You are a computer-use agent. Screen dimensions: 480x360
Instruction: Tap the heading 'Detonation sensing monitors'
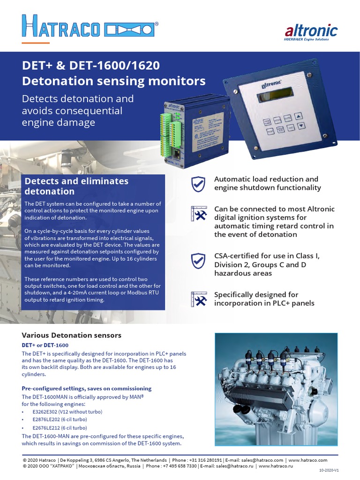tap(114, 81)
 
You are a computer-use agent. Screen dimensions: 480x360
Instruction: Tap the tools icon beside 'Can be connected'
tap(199, 214)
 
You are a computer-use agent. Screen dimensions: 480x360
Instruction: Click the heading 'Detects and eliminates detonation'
tap(76, 186)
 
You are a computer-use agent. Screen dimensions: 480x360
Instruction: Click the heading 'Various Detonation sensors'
tap(72, 335)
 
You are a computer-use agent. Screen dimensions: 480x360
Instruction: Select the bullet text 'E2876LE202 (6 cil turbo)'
tap(60, 420)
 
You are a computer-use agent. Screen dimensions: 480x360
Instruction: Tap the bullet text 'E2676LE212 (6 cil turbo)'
tap(60, 428)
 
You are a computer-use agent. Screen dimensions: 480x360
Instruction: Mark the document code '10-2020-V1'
tap(329, 474)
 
